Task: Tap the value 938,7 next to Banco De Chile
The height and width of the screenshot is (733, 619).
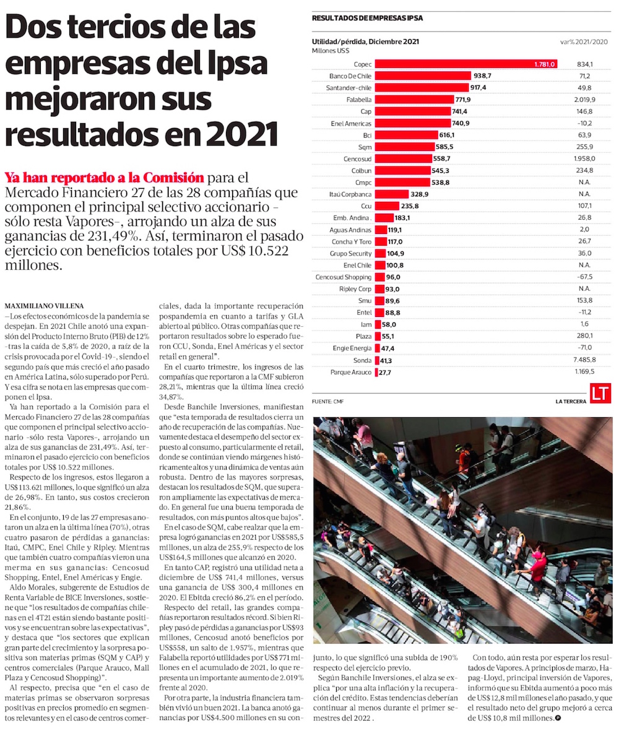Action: coord(482,76)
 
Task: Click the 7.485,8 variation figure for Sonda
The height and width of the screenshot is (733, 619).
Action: coord(584,360)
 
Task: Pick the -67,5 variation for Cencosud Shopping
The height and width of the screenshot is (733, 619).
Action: coord(584,277)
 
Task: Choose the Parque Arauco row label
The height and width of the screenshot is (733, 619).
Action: coord(351,372)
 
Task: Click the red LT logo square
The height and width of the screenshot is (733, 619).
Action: coord(600,394)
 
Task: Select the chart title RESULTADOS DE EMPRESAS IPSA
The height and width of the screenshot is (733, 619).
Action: coord(368,19)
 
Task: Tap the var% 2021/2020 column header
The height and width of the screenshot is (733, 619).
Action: coord(584,42)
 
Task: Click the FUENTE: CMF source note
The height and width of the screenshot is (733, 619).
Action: coord(328,402)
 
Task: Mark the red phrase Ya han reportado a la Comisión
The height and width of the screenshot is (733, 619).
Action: coord(103,176)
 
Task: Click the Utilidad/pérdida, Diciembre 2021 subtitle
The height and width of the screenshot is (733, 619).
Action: coord(366,42)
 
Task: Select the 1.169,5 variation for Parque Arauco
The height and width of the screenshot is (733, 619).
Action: coord(584,372)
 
